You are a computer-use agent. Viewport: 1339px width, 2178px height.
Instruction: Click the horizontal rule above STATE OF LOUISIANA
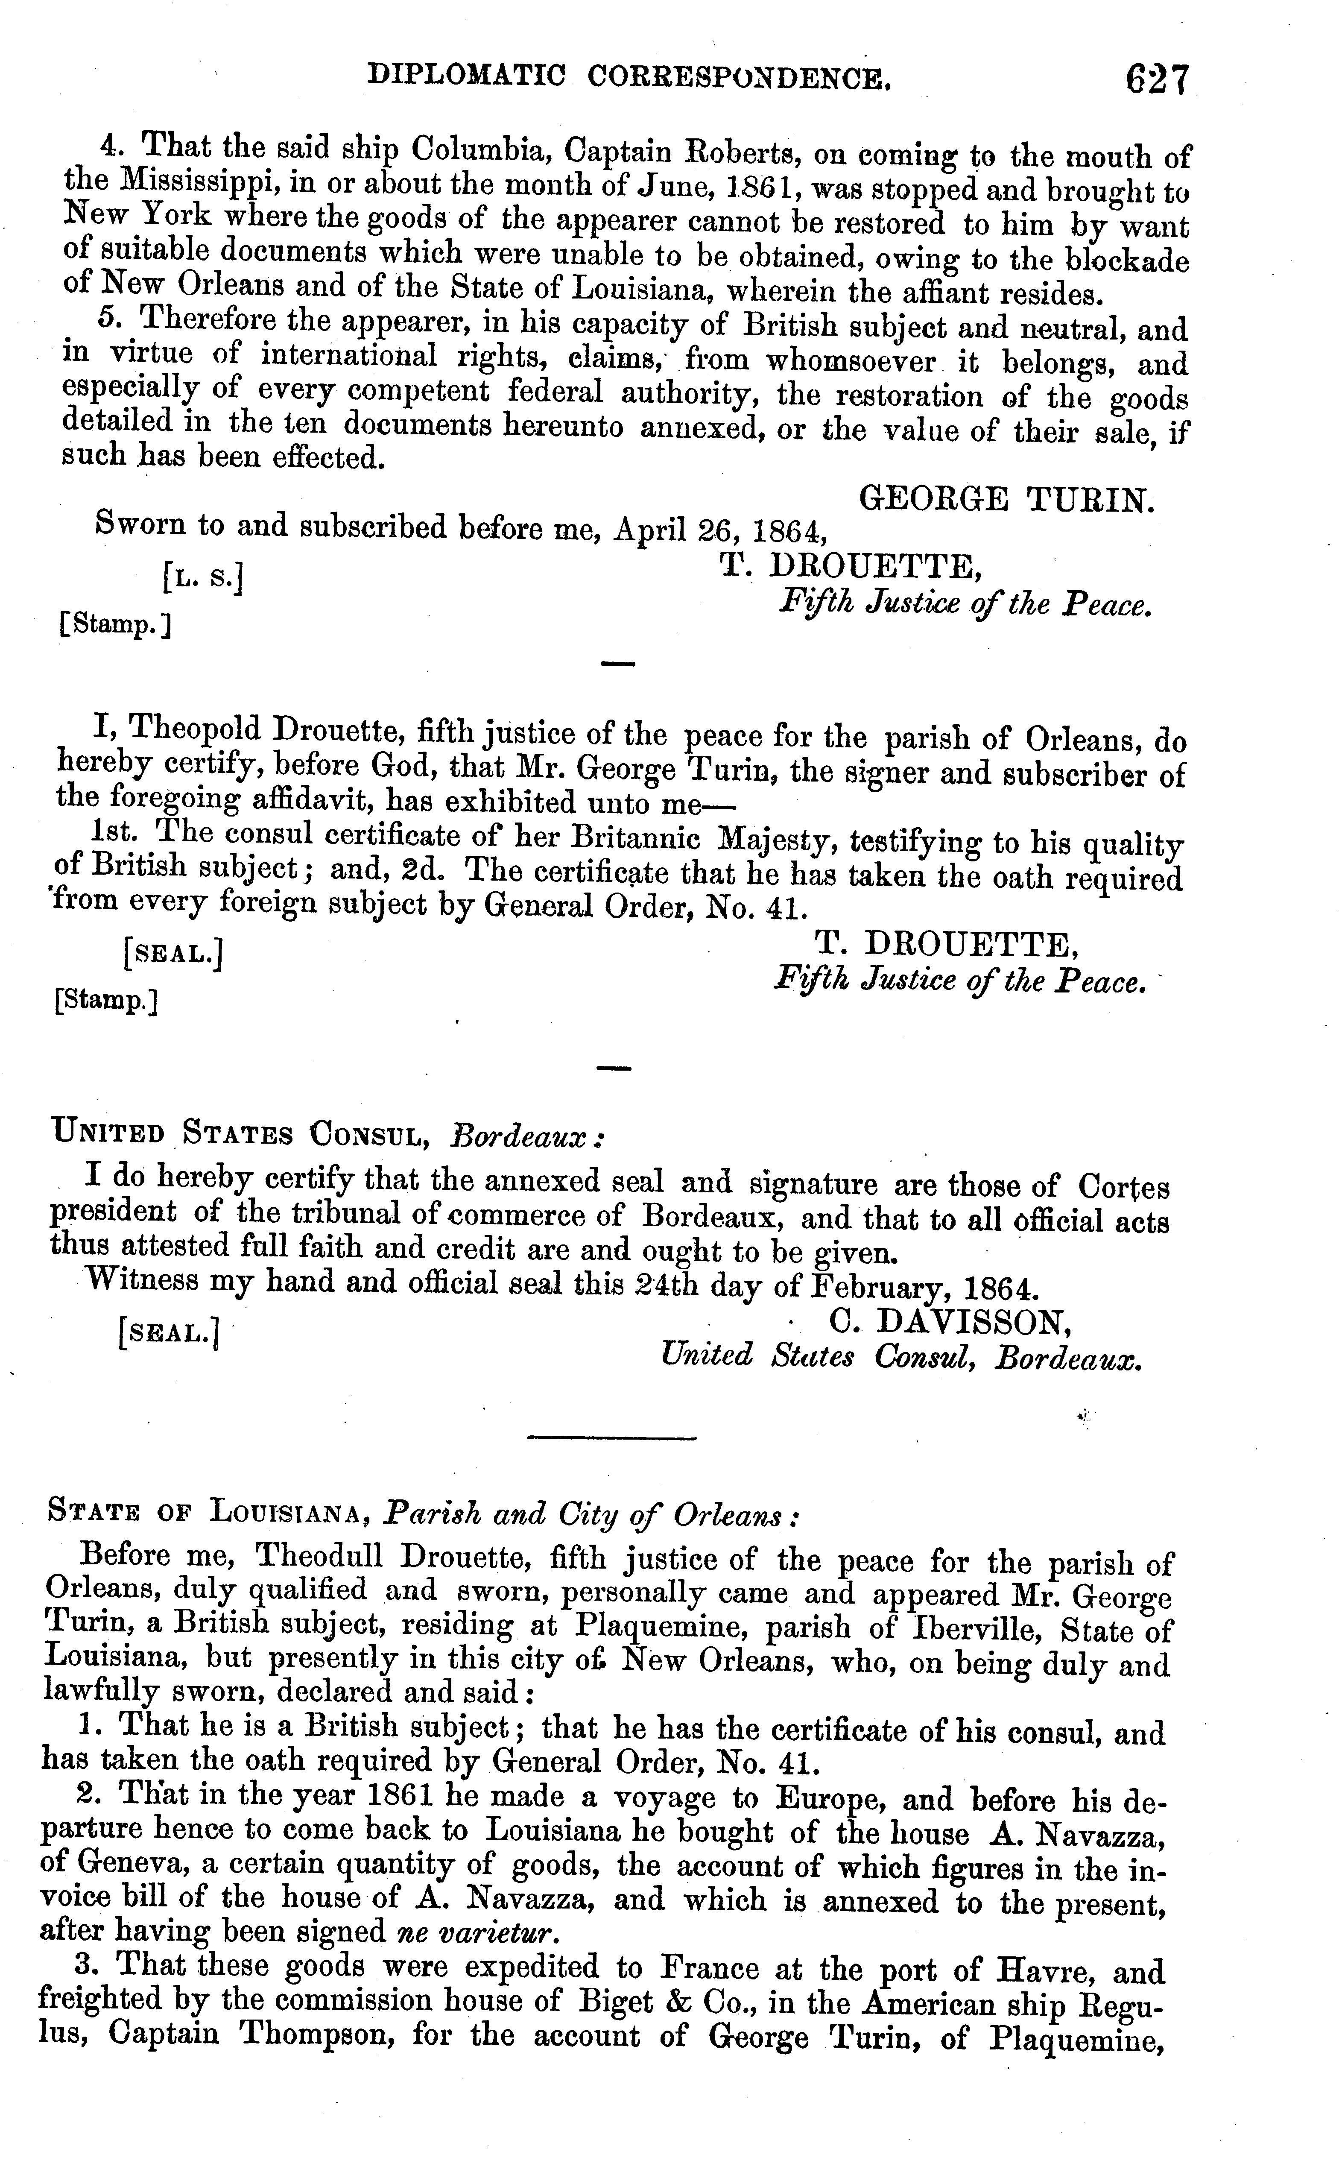pos(612,1437)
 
